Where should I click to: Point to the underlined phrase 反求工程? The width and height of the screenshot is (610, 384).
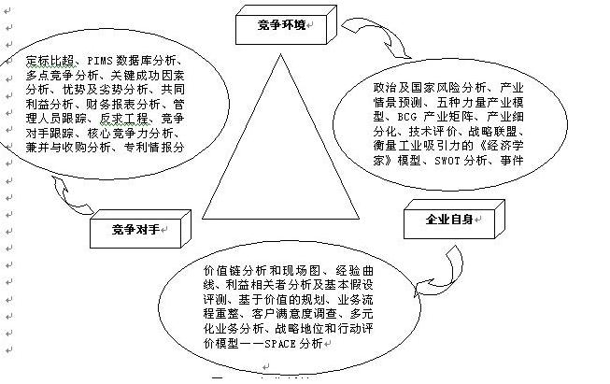click(125, 119)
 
